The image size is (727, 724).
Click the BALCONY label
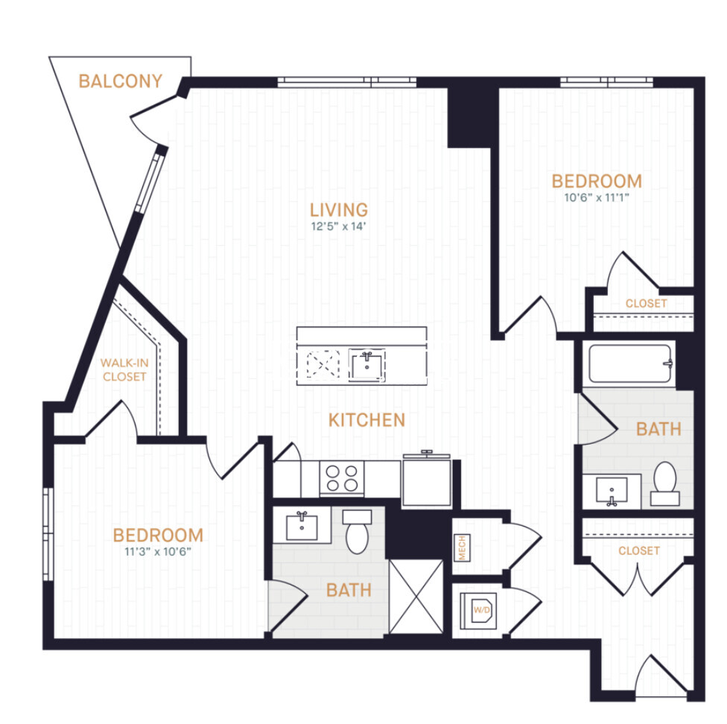[x=120, y=81]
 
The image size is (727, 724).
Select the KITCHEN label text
[x=366, y=420]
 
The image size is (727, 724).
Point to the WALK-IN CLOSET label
[x=124, y=369]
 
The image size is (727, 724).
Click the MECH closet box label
[x=460, y=548]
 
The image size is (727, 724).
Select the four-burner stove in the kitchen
[x=342, y=477]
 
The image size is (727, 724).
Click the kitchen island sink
[x=367, y=365]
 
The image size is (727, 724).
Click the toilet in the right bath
[x=664, y=482]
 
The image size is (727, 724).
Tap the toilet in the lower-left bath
[x=358, y=531]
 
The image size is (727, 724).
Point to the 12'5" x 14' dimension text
[x=339, y=227]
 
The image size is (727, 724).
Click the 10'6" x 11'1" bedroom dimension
[x=596, y=197]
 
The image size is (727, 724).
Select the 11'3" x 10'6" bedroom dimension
[x=158, y=551]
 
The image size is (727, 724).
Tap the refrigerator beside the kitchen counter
[x=427, y=481]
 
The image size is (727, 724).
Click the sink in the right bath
[x=611, y=491]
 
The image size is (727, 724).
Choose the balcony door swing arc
[x=147, y=125]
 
